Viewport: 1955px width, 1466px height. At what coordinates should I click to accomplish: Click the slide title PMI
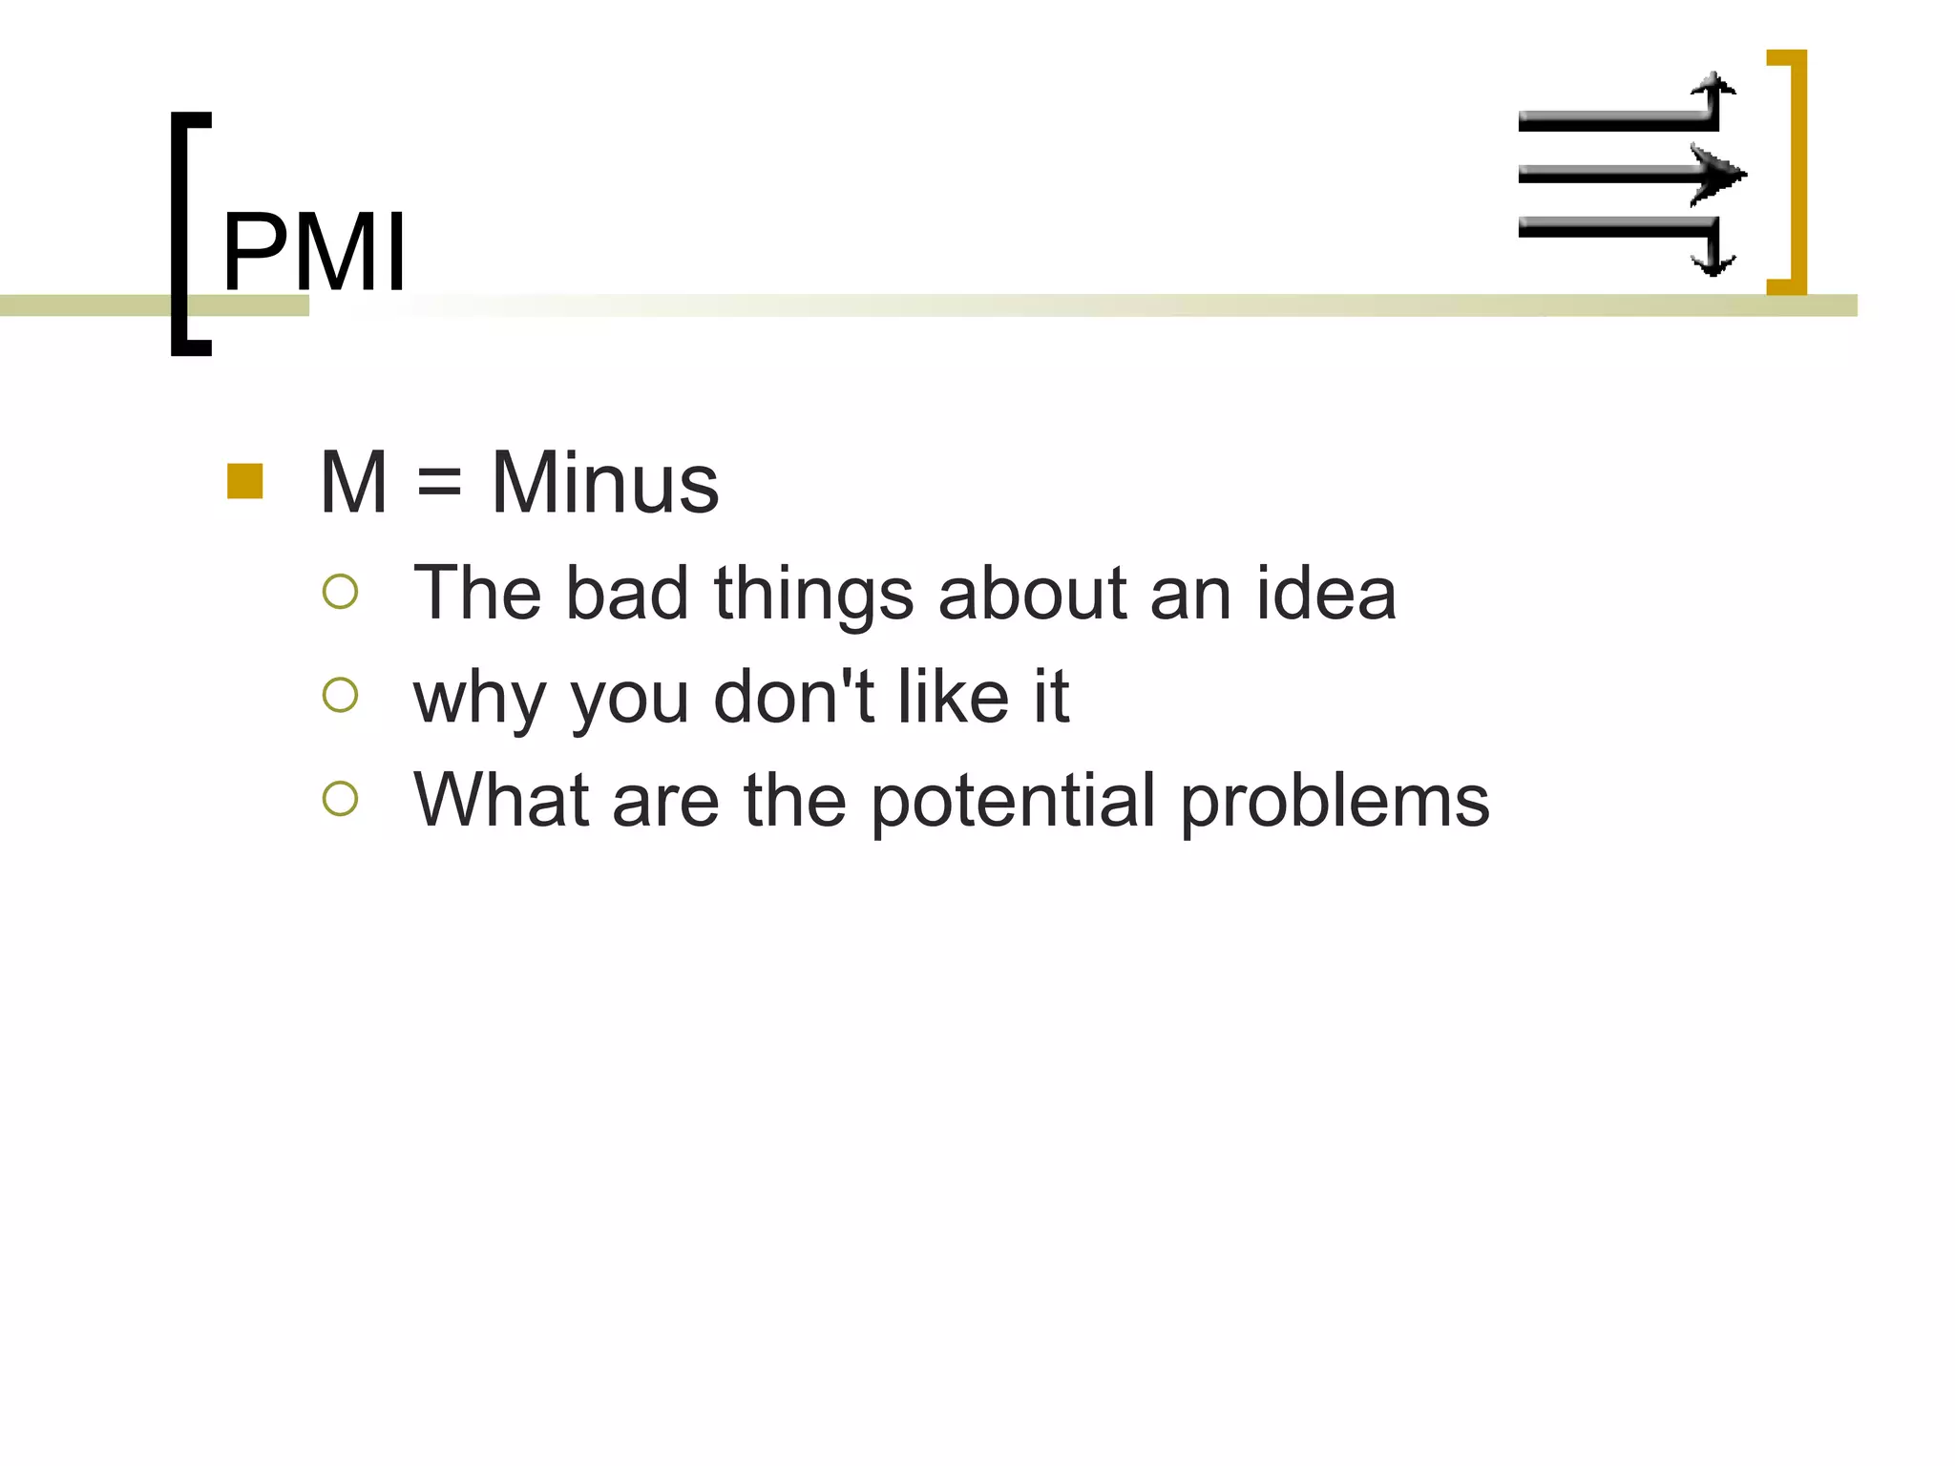314,252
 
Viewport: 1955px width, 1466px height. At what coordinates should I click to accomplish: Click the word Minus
604,483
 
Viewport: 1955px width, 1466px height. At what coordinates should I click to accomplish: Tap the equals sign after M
439,485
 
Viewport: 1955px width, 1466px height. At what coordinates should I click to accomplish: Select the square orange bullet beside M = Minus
245,481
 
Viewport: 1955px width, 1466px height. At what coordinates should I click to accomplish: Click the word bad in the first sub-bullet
626,594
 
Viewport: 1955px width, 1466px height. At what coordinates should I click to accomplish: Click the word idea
1326,594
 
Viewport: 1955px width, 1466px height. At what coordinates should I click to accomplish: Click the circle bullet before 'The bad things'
341,592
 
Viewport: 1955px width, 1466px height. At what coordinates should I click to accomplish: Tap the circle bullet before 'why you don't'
341,695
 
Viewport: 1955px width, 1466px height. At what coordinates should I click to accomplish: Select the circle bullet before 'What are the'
341,798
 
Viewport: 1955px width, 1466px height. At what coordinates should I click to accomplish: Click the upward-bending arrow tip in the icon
1714,83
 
